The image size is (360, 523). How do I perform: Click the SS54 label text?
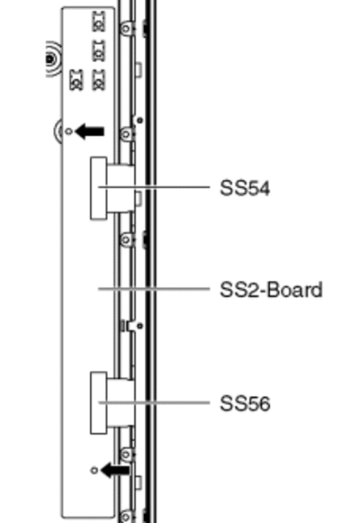[245, 188]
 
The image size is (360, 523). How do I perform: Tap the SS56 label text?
[245, 403]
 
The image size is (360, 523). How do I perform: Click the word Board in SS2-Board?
[294, 290]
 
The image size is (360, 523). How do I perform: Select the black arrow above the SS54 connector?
[90, 131]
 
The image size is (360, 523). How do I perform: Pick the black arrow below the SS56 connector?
[115, 470]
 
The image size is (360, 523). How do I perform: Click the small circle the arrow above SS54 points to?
[68, 131]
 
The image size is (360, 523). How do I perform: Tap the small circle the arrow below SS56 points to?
[94, 470]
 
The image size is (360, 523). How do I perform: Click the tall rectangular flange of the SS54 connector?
[99, 188]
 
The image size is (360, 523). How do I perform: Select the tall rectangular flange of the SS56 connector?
[99, 403]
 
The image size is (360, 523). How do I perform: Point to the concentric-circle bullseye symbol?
[50, 59]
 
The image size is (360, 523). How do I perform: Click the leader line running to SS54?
[154, 187]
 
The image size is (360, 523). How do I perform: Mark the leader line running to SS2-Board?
[154, 289]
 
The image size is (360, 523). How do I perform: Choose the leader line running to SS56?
[154, 403]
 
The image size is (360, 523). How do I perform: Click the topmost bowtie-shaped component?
[98, 22]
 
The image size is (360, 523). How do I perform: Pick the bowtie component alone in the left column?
[76, 80]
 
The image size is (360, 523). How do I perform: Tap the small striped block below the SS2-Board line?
[122, 326]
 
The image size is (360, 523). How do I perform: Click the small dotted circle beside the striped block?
[140, 326]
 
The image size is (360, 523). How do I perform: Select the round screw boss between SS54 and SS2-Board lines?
[126, 239]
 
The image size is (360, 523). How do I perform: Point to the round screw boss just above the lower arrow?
[126, 455]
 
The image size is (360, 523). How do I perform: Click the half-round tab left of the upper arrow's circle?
[58, 131]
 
